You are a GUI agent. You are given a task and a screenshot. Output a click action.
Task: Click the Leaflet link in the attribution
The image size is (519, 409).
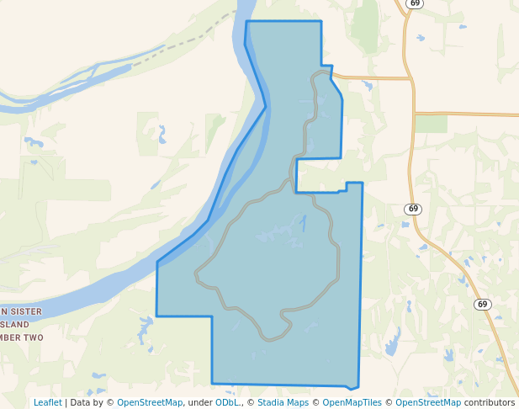tap(47, 402)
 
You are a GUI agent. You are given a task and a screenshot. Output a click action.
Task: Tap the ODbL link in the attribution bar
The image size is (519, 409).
tap(226, 402)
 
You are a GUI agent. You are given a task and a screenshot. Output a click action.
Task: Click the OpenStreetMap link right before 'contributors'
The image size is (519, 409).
tap(428, 402)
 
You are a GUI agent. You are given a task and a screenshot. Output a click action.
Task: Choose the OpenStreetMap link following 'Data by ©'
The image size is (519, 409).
tap(150, 402)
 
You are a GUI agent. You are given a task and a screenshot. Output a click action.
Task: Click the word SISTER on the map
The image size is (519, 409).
tap(24, 311)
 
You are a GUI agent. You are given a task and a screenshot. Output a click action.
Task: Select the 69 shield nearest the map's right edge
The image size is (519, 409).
tap(481, 304)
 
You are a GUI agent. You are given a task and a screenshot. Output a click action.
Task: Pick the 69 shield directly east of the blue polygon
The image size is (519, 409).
tap(411, 209)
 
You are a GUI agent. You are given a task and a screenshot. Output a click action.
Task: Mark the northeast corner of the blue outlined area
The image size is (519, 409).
tap(321, 21)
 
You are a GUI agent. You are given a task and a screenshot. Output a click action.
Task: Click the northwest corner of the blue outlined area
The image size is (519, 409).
tap(246, 22)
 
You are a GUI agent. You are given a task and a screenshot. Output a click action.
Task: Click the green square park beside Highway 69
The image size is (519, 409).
tap(431, 124)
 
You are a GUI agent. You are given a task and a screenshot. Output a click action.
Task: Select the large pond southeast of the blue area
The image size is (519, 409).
tap(392, 345)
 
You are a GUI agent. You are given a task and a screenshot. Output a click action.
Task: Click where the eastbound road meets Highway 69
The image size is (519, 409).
tap(412, 79)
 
